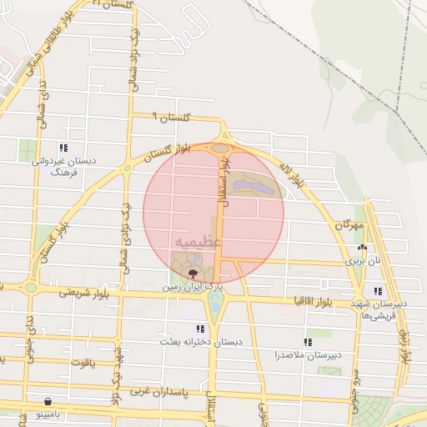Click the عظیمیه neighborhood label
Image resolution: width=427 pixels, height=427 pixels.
198,241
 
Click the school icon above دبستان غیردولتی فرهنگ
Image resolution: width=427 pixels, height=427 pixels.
63,148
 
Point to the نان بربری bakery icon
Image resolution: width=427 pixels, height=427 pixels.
361,248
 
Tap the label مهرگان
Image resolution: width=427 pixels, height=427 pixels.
349,225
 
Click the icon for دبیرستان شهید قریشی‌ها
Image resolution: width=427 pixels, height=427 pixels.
379,291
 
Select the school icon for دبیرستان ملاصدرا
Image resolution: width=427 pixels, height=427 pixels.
308,342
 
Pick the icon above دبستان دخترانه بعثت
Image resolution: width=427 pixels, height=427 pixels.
198,329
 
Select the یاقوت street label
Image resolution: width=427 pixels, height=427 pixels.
83,363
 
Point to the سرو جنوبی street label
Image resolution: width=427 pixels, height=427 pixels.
354,387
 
